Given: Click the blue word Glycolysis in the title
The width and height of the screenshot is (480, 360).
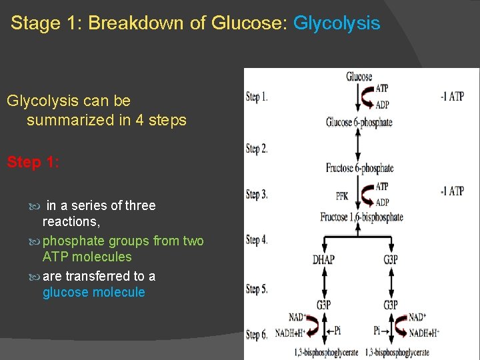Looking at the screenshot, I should click(x=337, y=24).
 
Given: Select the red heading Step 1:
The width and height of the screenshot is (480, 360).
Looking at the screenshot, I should click(x=33, y=163).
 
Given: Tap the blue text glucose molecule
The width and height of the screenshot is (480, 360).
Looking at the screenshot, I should click(x=93, y=293).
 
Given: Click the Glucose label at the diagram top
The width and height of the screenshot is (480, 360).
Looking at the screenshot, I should click(x=359, y=77).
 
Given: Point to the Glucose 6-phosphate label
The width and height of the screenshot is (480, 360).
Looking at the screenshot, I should click(x=359, y=123).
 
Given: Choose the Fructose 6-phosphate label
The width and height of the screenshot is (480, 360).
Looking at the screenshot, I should click(x=359, y=168).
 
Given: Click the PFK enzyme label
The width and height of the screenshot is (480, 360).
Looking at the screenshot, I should click(x=342, y=197).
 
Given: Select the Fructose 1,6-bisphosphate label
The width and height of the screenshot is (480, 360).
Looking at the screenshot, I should click(x=361, y=217).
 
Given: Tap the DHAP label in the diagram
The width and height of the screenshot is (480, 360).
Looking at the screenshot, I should click(x=324, y=259).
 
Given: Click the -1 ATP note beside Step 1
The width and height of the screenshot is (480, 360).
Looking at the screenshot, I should click(x=452, y=97).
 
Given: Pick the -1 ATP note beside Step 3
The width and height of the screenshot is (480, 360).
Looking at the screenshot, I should click(x=452, y=191).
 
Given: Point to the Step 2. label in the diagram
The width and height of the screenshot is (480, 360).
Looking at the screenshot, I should click(x=257, y=149).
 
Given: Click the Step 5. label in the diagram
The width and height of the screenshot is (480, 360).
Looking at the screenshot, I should click(x=257, y=289).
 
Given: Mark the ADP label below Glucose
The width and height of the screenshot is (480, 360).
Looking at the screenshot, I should click(x=383, y=105).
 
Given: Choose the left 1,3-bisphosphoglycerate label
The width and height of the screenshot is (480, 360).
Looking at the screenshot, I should click(x=326, y=352).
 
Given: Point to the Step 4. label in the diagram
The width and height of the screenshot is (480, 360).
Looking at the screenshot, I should click(x=257, y=240).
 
